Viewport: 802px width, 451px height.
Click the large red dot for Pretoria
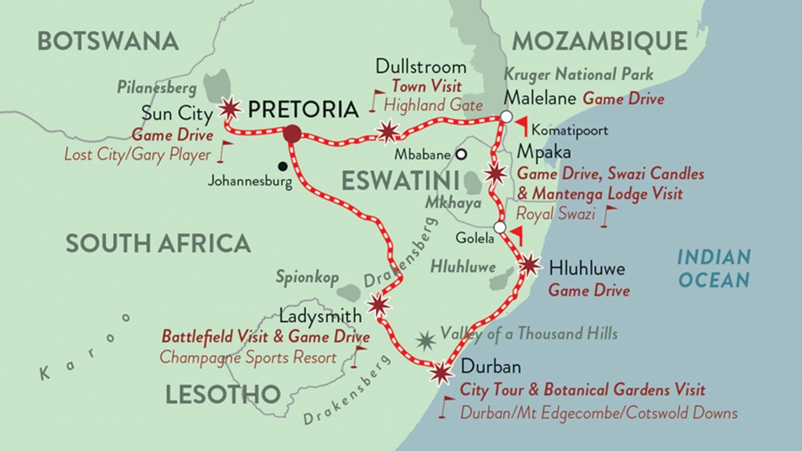292,134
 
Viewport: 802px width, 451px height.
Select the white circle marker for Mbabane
461,154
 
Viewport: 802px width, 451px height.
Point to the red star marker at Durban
441,373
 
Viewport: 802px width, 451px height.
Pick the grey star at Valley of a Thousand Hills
426,340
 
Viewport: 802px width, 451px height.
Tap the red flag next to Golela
516,235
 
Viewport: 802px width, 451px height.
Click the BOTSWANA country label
108,41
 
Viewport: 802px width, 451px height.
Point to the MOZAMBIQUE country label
600,41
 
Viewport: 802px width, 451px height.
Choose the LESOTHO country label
223,395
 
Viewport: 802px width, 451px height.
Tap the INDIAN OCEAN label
714,268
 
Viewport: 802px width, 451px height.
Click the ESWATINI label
400,181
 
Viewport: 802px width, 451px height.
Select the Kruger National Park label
578,75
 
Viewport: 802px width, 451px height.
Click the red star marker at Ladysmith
378,304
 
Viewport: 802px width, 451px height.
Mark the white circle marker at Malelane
506,117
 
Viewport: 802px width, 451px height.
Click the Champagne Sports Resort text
248,357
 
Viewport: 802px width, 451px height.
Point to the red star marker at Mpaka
495,174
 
